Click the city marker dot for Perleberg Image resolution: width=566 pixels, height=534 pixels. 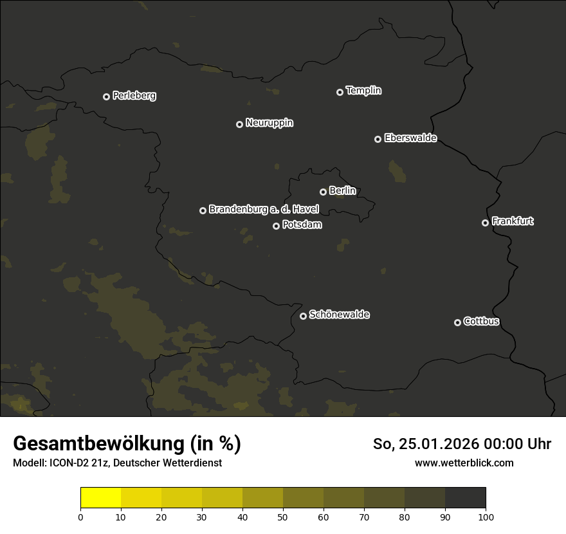point(106,97)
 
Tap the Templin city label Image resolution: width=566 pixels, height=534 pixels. point(363,91)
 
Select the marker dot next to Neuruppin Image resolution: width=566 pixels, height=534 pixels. point(239,124)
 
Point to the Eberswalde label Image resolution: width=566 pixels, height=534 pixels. point(410,138)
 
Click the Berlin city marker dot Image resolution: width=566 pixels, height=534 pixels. point(323,192)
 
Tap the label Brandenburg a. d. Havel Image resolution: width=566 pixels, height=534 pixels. point(264,209)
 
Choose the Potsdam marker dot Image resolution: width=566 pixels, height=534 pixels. point(276,226)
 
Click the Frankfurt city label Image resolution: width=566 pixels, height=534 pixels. point(513,221)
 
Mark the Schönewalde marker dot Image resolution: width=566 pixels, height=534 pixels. point(303,316)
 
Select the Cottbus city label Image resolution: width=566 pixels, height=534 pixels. point(481,321)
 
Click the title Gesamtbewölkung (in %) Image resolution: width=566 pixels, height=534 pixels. point(127,444)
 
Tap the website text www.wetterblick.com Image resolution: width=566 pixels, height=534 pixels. point(464,463)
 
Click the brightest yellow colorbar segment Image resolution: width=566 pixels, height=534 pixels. point(100,498)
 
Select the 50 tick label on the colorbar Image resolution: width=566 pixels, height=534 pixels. point(283,517)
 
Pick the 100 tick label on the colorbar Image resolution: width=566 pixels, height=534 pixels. point(486,517)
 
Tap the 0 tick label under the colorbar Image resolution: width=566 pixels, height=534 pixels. point(80,517)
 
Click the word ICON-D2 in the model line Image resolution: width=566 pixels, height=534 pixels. point(69,463)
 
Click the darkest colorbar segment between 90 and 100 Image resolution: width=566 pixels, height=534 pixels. point(465,498)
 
